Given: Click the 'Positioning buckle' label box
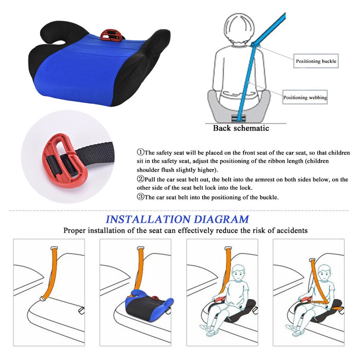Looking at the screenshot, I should [315, 61].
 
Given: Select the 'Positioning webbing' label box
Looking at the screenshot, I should [305, 97].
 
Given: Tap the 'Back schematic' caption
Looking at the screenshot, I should [241, 128].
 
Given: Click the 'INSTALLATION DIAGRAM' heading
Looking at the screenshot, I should [177, 220].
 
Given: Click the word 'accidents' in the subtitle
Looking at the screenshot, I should [290, 231].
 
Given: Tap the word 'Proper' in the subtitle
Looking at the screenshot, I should [75, 231].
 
